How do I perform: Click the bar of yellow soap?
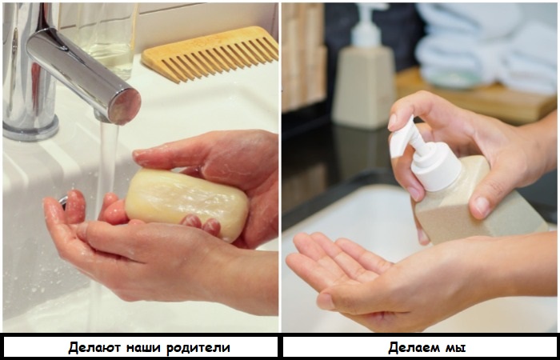pyautogui.click(x=186, y=203)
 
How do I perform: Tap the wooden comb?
pyautogui.click(x=210, y=54)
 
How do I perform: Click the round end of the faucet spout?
pyautogui.click(x=125, y=106)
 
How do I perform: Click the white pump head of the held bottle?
pyautogui.click(x=426, y=154)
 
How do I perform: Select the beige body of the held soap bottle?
pyautogui.click(x=478, y=203)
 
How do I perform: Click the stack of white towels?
pyautogui.click(x=486, y=46)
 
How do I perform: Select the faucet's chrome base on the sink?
pyautogui.click(x=30, y=129)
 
